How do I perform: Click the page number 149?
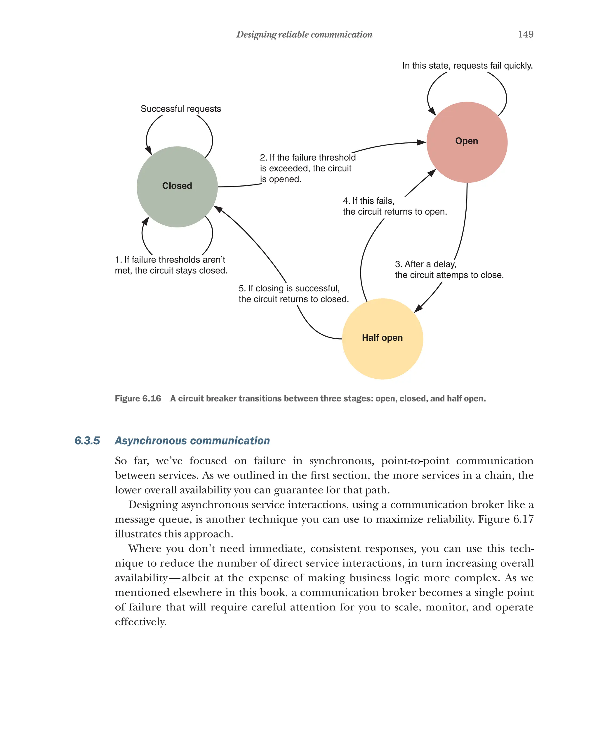click(525, 34)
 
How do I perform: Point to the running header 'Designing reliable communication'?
click(304, 34)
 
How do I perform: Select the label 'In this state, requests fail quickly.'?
click(467, 66)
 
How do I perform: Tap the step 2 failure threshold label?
click(307, 168)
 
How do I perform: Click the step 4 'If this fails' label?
click(394, 206)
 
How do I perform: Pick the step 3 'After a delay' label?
click(449, 269)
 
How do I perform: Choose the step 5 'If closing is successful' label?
click(293, 294)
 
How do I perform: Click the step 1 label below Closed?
click(171, 265)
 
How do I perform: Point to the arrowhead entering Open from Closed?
click(422, 142)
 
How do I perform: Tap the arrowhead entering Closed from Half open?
click(218, 209)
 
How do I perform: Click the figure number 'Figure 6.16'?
click(138, 399)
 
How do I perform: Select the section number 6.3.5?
click(87, 441)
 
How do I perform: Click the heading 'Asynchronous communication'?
click(192, 441)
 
